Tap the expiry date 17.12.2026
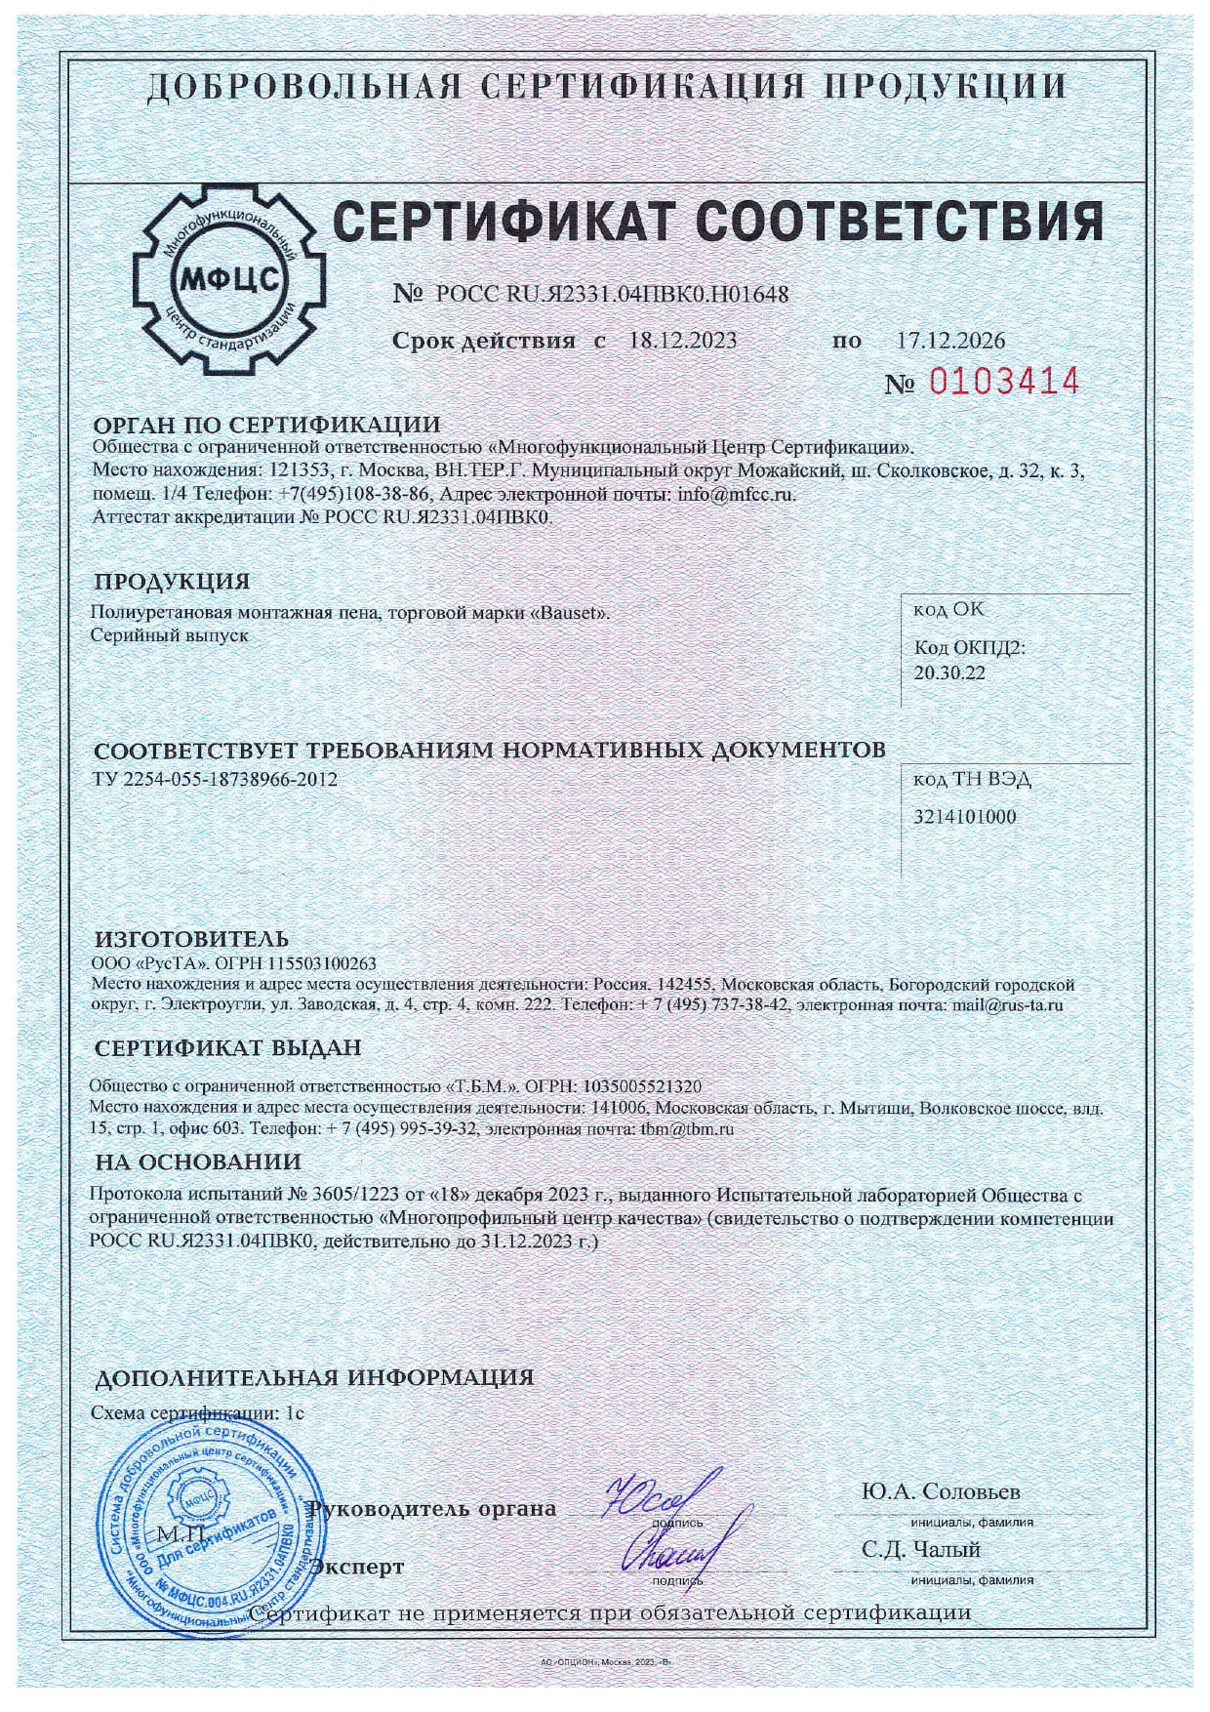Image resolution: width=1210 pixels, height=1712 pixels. [x=949, y=341]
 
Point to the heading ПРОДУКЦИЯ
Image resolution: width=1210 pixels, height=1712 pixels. [x=172, y=582]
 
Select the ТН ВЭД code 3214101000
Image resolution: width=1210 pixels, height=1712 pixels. [x=964, y=816]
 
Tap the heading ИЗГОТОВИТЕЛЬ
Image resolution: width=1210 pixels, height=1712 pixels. [x=191, y=940]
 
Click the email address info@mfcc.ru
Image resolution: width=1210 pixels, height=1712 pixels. [x=736, y=495]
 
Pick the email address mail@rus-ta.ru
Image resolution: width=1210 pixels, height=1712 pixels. [x=1007, y=1003]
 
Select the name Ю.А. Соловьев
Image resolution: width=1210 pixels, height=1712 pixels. [x=941, y=1492]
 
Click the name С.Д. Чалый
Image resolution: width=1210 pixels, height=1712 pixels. [x=920, y=1549]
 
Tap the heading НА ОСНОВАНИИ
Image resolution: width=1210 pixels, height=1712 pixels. [x=198, y=1162]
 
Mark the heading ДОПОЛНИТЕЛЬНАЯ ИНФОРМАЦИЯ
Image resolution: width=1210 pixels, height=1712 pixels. [x=313, y=1377]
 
